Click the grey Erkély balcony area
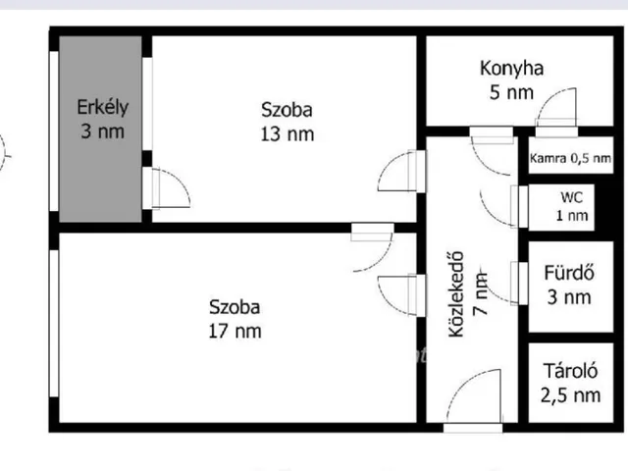tap(100, 129)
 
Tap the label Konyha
tap(511, 69)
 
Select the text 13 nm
tap(288, 134)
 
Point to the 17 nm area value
tap(235, 332)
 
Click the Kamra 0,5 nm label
tap(570, 158)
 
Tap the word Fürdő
tap(569, 273)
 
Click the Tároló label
tap(570, 371)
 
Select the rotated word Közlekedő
tap(456, 294)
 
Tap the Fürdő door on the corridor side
tap(504, 284)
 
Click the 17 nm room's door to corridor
tap(401, 295)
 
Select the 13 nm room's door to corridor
tap(401, 172)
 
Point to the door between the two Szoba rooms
tap(373, 247)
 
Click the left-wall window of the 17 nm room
tap(54, 324)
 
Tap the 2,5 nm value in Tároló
tap(570, 395)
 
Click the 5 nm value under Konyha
tap(511, 92)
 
